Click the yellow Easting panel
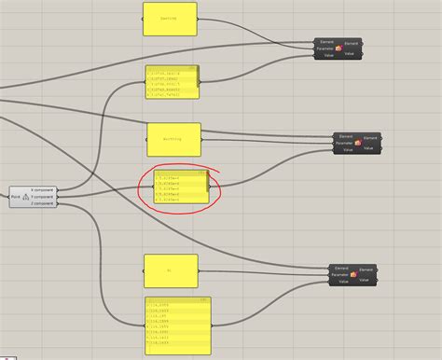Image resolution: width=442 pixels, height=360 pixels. coord(170,20)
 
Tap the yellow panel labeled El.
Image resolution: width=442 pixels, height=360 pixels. coord(172,271)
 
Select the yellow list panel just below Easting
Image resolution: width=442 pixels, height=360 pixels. coord(173,82)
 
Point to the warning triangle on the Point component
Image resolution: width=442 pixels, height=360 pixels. coord(26,196)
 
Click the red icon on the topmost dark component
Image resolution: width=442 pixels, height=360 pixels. coord(338,48)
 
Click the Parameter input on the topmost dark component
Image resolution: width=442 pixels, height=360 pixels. coord(325,48)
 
